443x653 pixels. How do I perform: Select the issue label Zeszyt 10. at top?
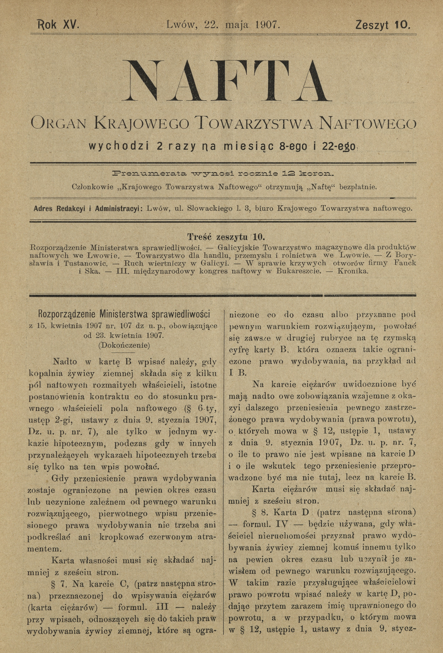(383, 25)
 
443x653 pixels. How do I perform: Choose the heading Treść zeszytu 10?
(226, 237)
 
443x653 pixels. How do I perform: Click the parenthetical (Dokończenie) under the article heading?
(124, 345)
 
